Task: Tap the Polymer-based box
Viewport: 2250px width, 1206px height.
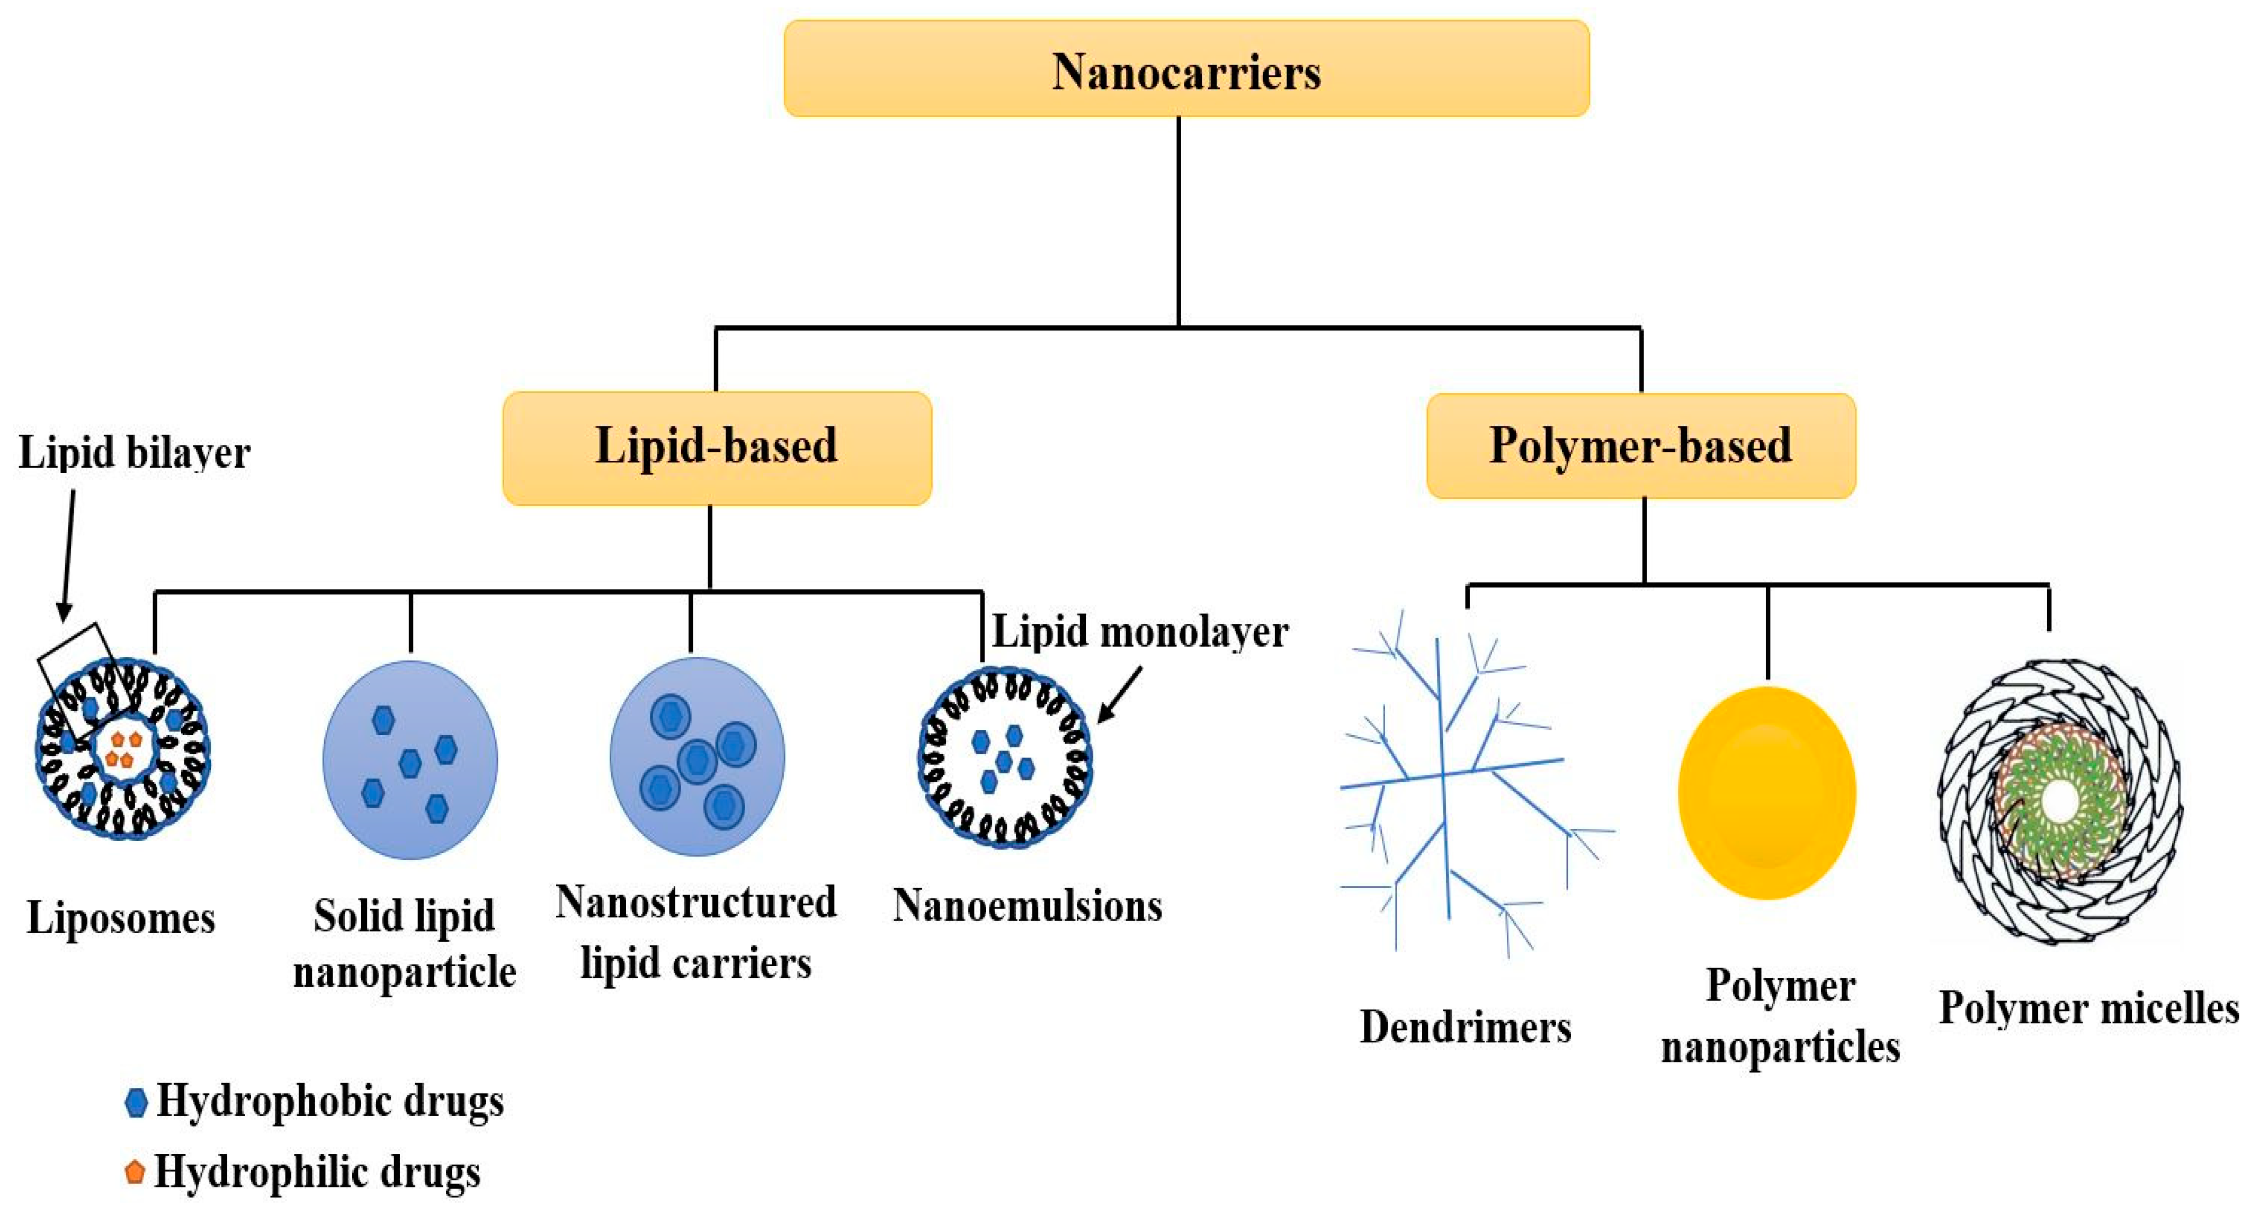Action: click(x=1640, y=445)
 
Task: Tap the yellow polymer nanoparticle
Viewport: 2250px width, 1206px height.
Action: click(x=1766, y=792)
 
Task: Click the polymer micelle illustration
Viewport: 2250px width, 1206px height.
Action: click(x=2060, y=800)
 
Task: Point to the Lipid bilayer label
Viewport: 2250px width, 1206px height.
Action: click(x=135, y=452)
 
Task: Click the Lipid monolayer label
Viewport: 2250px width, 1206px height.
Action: click(x=1140, y=631)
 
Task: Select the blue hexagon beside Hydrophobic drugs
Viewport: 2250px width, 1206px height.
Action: click(x=136, y=1102)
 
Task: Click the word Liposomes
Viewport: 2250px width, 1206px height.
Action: click(x=121, y=918)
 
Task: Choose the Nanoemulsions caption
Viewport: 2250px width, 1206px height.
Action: click(x=1027, y=906)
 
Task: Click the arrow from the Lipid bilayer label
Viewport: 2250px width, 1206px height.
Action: click(x=67, y=555)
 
